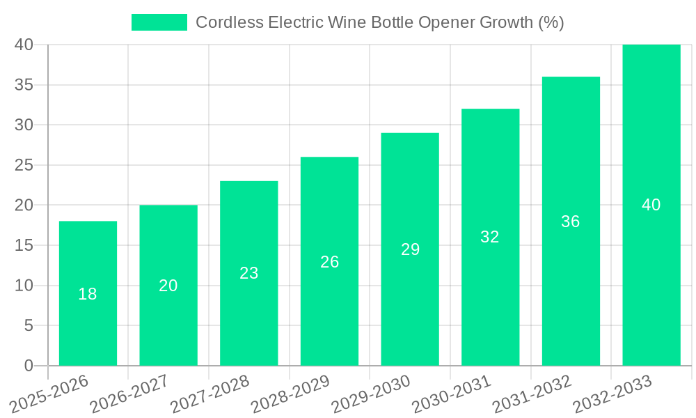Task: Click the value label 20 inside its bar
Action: pos(168,286)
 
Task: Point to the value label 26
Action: pos(330,262)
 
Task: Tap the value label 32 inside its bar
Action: pos(490,237)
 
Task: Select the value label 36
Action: pos(571,222)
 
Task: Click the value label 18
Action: pos(88,294)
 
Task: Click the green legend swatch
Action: pos(159,22)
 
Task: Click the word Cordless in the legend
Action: pos(222,22)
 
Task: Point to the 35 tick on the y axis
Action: pos(24,85)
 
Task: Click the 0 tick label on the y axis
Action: pos(29,366)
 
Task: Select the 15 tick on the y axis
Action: pos(24,245)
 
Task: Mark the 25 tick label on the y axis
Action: pos(24,165)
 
